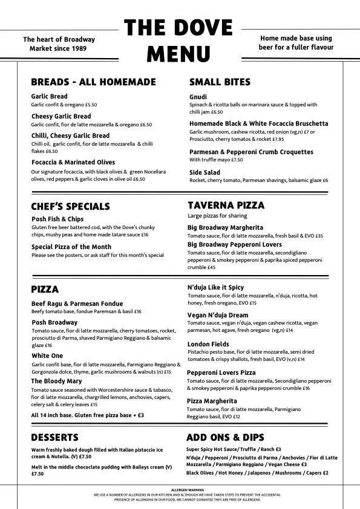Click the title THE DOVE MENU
coord(178,41)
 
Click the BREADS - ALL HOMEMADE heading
coord(93,82)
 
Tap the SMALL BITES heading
coord(220,82)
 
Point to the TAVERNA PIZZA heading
coord(226,206)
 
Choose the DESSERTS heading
coord(54,437)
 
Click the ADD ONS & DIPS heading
coord(225,437)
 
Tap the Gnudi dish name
coord(198,97)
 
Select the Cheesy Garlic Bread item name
coord(61,116)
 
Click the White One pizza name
coord(48,356)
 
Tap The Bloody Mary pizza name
coord(56,381)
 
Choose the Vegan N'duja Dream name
coord(218,315)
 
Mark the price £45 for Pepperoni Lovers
coord(211,267)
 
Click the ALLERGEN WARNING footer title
coord(179,489)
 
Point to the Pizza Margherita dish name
coord(212,401)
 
